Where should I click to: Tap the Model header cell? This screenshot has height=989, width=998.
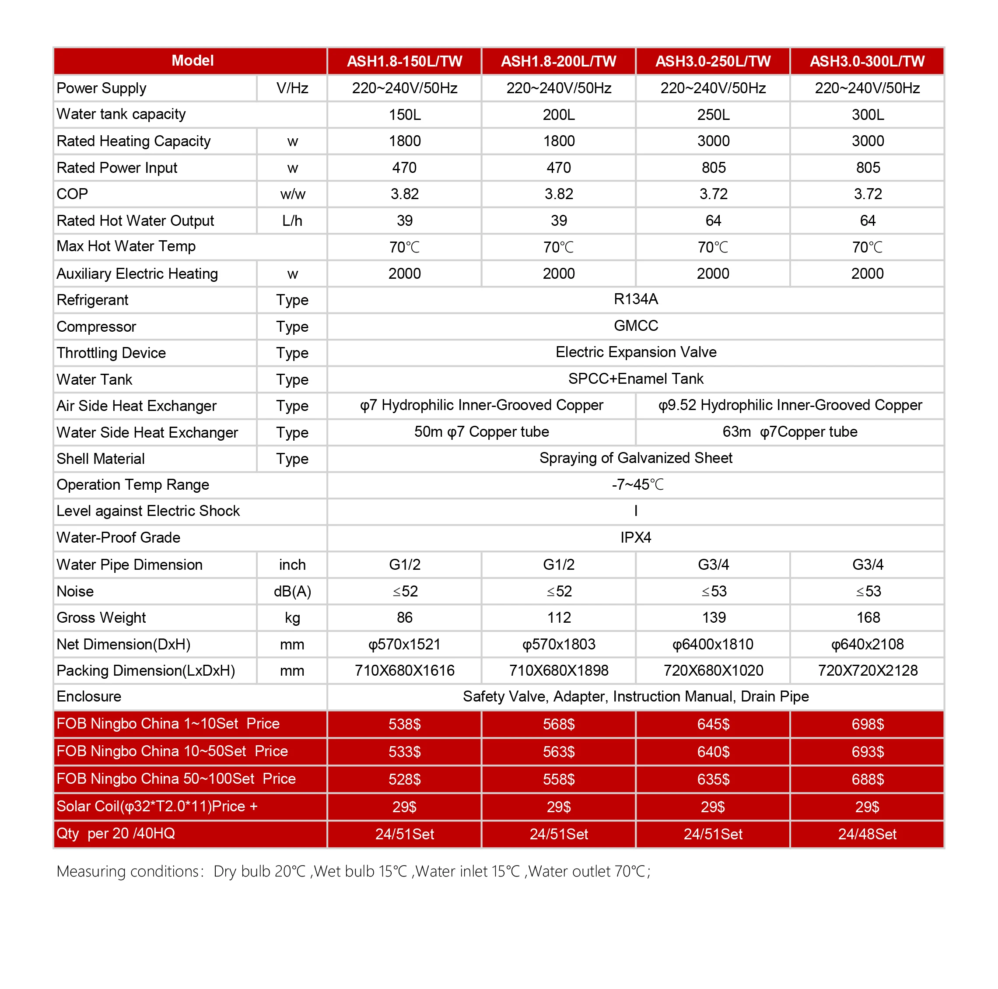[192, 61]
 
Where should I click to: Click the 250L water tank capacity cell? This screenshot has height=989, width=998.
[713, 115]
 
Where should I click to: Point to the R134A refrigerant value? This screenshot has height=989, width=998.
[635, 299]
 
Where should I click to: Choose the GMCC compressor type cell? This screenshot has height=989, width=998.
[635, 326]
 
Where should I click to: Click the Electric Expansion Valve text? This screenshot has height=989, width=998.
[635, 352]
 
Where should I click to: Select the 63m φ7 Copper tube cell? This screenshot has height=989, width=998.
[789, 432]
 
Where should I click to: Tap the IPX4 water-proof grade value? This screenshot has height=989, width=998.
[635, 537]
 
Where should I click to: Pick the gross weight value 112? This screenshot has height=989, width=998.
[558, 617]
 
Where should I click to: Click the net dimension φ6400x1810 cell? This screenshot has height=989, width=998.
[713, 644]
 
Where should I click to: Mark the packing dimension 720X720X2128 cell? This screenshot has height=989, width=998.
[867, 671]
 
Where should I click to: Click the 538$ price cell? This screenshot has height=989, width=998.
[404, 724]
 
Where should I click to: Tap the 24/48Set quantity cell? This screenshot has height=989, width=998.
[867, 834]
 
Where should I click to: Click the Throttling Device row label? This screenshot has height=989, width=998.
[111, 353]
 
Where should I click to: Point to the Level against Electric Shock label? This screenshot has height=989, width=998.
[148, 511]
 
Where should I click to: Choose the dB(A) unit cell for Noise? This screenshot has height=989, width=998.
[292, 591]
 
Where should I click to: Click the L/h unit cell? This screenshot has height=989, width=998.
[292, 221]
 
